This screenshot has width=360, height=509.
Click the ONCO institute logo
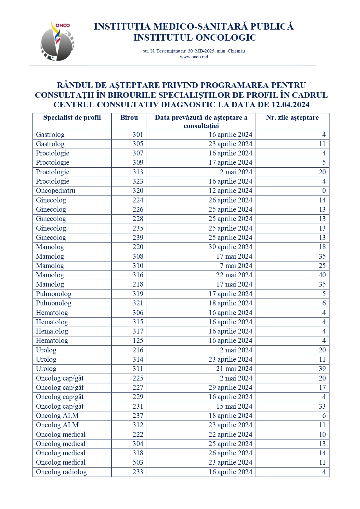tap(57, 41)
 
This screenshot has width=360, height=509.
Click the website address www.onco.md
tap(194, 57)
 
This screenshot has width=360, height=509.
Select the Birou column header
tap(129, 117)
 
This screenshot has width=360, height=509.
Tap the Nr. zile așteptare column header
tap(292, 117)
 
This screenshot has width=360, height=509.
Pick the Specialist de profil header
tap(72, 117)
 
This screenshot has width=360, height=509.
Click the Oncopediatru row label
tap(56, 191)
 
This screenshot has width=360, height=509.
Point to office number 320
tap(138, 191)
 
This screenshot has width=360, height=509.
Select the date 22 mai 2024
tap(234, 275)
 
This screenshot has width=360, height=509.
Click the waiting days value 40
tap(322, 275)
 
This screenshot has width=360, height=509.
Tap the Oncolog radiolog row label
tap(61, 472)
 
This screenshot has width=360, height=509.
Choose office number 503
tap(138, 462)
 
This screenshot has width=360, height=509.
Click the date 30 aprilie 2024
tap(230, 247)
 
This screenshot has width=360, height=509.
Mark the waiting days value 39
tap(322, 369)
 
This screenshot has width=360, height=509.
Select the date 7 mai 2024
tap(236, 266)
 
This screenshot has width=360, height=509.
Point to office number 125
tap(138, 340)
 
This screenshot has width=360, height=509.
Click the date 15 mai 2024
tap(234, 406)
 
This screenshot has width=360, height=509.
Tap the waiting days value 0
tap(324, 191)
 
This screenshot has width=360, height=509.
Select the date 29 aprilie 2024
tap(230, 387)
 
